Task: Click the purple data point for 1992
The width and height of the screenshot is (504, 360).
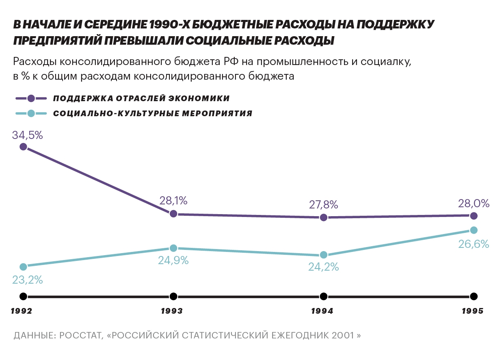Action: [x=23, y=147]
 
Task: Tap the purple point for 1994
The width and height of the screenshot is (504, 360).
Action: [x=323, y=217]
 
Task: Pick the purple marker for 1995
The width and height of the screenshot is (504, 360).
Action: [x=474, y=215]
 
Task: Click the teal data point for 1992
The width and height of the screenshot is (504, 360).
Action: [x=23, y=267]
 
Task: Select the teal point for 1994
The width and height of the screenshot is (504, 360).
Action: [x=323, y=255]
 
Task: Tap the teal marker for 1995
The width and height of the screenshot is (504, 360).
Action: [x=474, y=230]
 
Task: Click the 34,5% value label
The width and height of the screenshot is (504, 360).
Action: [x=28, y=135]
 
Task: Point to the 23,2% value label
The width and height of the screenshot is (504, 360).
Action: [x=28, y=280]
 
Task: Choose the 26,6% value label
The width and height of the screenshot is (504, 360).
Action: [x=474, y=244]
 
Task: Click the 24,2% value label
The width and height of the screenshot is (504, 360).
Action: [x=323, y=267]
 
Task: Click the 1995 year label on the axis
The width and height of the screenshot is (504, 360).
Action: [x=473, y=311]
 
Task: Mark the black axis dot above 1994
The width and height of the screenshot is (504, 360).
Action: [x=323, y=296]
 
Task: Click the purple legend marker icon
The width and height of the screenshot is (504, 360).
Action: [x=31, y=99]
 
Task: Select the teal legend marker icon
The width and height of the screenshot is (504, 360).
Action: [x=31, y=113]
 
